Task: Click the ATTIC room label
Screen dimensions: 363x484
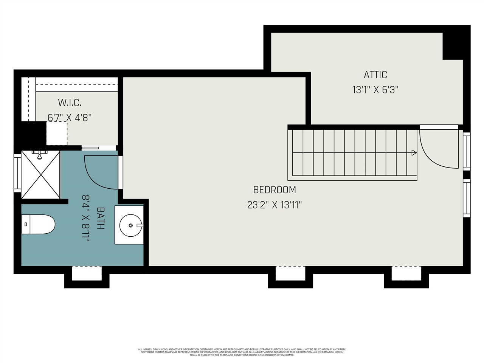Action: coord(375,74)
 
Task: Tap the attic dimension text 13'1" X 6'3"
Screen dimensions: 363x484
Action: coord(375,90)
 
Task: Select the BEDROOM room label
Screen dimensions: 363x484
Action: coord(274,190)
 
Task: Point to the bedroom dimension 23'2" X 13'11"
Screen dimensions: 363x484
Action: coord(274,205)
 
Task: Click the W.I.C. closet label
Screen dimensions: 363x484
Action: coord(70,102)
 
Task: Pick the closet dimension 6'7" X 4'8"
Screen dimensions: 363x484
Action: coord(70,117)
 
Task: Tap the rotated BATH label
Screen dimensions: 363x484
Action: coord(101,218)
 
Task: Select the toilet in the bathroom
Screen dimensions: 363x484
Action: coord(38,224)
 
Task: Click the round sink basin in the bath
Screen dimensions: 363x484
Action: coord(131,225)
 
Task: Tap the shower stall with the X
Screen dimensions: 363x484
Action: coord(40,174)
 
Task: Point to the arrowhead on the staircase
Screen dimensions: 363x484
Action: coord(414,153)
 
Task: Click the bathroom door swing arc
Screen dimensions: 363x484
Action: coord(99,172)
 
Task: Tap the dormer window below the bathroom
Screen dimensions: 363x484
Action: coord(87,273)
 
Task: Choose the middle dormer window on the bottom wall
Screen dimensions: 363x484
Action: coord(290,273)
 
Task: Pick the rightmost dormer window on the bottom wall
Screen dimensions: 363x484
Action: coord(406,273)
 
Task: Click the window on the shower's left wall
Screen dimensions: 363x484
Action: coord(17,173)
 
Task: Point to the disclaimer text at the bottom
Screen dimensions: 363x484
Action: coord(242,352)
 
